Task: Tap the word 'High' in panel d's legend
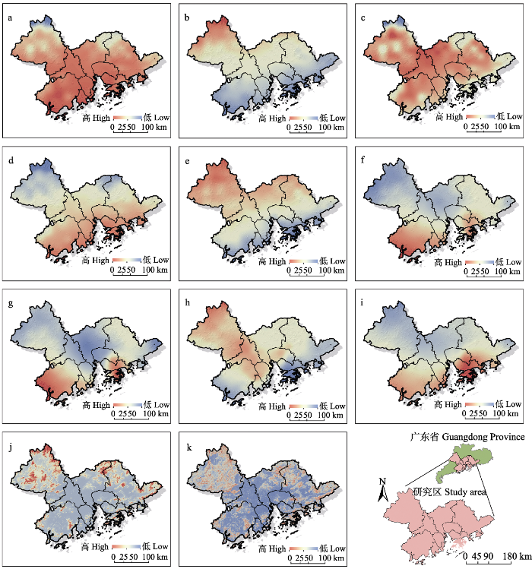(101, 261)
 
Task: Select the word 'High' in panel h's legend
(277, 405)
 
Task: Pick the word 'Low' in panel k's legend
(337, 548)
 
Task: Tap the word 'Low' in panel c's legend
(514, 118)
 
